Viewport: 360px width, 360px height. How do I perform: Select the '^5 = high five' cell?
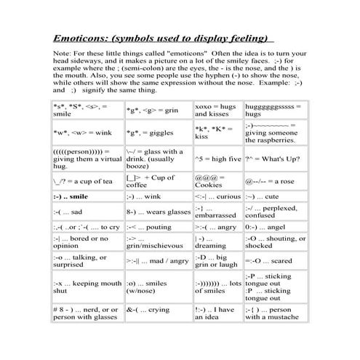click(216, 158)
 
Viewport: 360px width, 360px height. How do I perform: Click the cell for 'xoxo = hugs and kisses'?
click(215, 110)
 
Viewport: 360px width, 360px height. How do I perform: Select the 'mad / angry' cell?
click(157, 260)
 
